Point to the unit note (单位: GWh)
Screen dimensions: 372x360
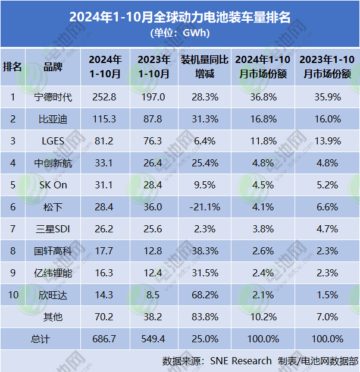(180, 33)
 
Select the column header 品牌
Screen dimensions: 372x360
(52, 67)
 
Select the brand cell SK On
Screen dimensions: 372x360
(52, 185)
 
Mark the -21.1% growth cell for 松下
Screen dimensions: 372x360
(204, 207)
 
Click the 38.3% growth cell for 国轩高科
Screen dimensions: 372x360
(204, 251)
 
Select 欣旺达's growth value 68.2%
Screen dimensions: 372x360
(204, 295)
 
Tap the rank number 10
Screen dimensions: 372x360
(12, 295)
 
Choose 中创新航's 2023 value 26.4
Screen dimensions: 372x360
(154, 163)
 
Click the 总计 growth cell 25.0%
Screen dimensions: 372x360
(204, 339)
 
